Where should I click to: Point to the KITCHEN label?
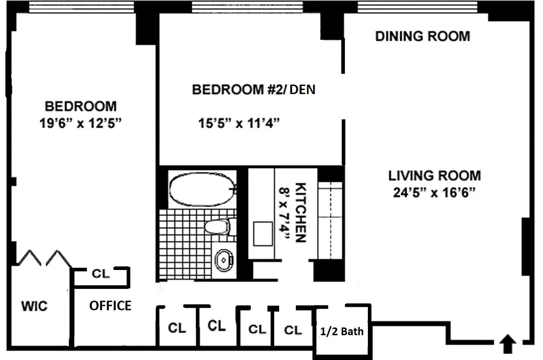tap(300, 212)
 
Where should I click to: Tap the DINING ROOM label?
tap(422, 36)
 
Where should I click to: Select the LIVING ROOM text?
tap(434, 175)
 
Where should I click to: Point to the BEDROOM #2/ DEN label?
tap(253, 90)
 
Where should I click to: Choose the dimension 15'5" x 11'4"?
tap(240, 123)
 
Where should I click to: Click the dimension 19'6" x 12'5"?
tap(81, 123)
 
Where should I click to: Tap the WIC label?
tap(34, 306)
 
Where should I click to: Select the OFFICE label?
tap(110, 306)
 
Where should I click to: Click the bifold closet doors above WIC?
tap(44, 258)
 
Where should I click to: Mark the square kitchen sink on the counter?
tap(262, 233)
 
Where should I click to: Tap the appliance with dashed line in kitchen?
tap(330, 220)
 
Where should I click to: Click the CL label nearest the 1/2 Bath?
tap(293, 330)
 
